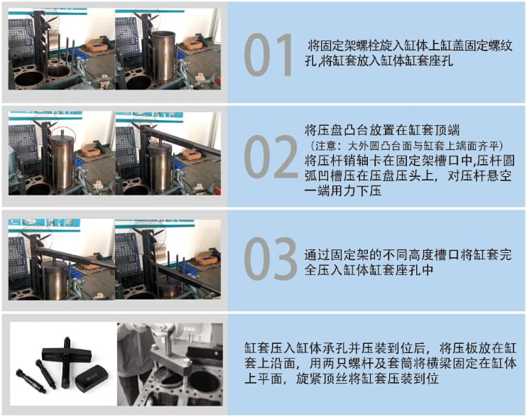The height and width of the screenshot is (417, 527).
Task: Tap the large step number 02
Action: [x=270, y=158]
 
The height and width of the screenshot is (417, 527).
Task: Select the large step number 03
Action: [x=270, y=259]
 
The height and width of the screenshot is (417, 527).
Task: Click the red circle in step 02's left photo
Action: [x=61, y=133]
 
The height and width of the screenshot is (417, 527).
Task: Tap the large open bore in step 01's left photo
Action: [x=57, y=72]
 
